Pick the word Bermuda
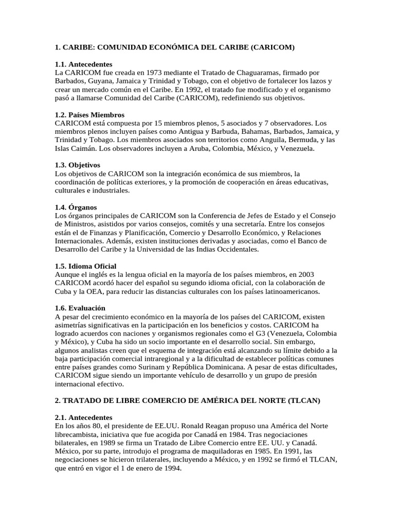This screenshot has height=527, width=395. click(x=296, y=140)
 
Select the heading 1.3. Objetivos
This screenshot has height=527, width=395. click(x=77, y=165)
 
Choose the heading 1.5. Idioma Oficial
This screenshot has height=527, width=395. click(x=85, y=266)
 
